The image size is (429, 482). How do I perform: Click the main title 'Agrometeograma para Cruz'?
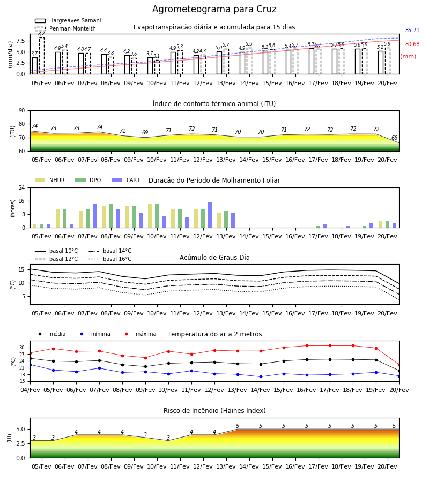pyautogui.click(x=214, y=9)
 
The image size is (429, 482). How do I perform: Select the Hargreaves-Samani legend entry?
pyautogui.click(x=68, y=20)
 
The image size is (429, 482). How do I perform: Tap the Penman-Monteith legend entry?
pyautogui.click(x=65, y=28)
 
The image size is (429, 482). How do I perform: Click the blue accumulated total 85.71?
pyautogui.click(x=412, y=30)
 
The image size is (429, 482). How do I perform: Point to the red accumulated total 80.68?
pyautogui.click(x=412, y=44)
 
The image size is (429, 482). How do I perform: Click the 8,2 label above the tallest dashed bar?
pyautogui.click(x=41, y=34)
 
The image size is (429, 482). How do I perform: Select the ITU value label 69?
pyautogui.click(x=145, y=132)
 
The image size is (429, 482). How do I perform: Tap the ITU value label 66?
pyautogui.click(x=394, y=138)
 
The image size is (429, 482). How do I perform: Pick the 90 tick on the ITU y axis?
pyautogui.click(x=22, y=111)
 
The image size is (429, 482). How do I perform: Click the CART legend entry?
pyautogui.click(x=126, y=180)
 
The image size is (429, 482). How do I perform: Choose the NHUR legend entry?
pyautogui.click(x=50, y=180)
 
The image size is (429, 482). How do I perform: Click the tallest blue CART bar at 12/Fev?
pyautogui.click(x=210, y=215)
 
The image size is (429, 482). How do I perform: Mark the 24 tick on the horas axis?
pyautogui.click(x=22, y=187)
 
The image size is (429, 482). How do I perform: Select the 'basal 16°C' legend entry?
pyautogui.click(x=110, y=259)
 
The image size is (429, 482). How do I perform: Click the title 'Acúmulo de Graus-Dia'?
pyautogui.click(x=214, y=257)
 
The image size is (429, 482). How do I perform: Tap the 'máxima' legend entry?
pyautogui.click(x=138, y=334)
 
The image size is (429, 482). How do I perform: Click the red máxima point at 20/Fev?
pyautogui.click(x=399, y=365)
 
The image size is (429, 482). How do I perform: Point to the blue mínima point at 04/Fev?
pyautogui.click(x=30, y=365)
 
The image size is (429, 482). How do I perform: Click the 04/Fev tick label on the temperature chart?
pyautogui.click(x=30, y=390)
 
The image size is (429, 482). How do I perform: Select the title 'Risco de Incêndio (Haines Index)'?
pyautogui.click(x=214, y=411)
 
